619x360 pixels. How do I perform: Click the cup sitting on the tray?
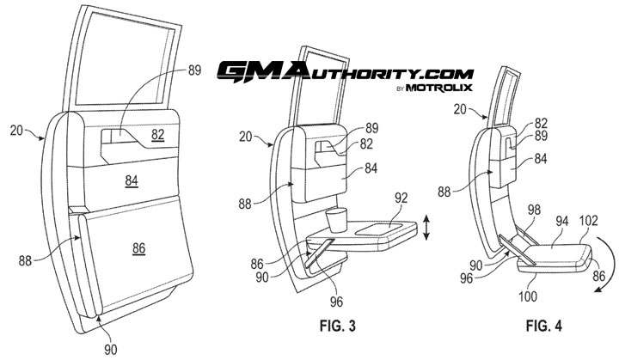(x=338, y=219)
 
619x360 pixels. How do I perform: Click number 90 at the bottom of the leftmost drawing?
(x=109, y=349)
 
